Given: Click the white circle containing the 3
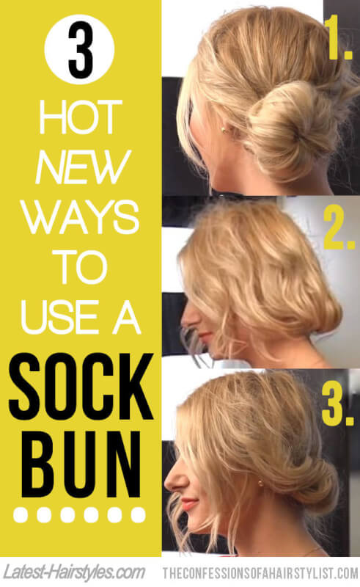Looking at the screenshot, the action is point(79,49).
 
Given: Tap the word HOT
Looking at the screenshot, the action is point(81,117).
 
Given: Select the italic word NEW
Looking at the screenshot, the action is point(82,167).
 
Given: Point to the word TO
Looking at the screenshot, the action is point(79,267).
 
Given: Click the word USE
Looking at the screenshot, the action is point(58,317).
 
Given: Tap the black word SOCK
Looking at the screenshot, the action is point(81,386).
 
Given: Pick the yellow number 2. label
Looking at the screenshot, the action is point(339,229).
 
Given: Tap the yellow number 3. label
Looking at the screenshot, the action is point(337,405).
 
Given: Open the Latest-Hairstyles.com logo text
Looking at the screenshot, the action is point(75,572).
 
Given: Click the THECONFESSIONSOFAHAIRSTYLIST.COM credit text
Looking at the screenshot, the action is point(260,573).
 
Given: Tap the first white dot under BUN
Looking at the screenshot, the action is point(21,515).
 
